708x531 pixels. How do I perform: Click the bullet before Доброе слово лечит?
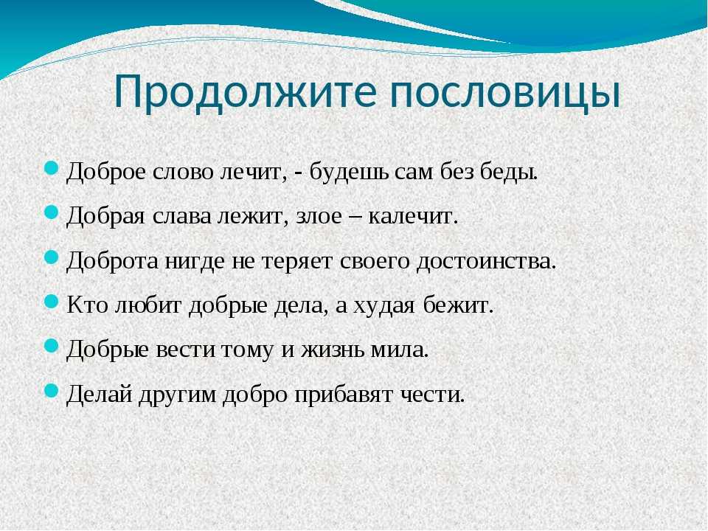tap(52, 167)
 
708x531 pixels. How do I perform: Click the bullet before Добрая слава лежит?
tap(52, 212)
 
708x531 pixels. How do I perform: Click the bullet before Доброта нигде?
tap(52, 256)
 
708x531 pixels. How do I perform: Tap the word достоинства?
tap(485, 261)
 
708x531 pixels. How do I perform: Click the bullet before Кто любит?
tap(52, 300)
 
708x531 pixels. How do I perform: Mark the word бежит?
tap(457, 305)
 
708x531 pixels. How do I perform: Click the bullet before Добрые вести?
tap(52, 345)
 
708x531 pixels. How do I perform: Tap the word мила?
tap(399, 350)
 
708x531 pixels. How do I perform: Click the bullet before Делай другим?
tap(52, 389)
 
